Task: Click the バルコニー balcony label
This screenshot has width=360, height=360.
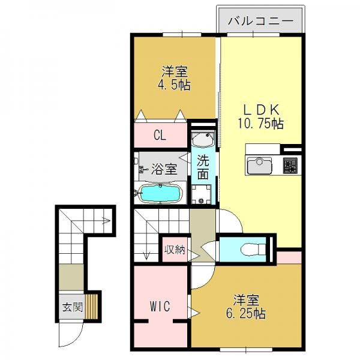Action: click(261, 21)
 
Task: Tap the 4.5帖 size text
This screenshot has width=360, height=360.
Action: click(174, 85)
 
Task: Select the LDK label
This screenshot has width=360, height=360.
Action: click(261, 110)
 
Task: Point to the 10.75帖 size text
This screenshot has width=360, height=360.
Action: click(260, 124)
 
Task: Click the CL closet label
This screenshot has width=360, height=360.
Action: click(160, 136)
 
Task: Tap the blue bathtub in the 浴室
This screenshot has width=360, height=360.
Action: click(160, 193)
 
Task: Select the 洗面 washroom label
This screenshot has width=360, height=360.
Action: click(203, 167)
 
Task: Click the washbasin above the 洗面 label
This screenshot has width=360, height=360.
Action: click(203, 139)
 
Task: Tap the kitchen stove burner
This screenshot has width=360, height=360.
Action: click(290, 165)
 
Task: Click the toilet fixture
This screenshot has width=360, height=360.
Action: click(253, 249)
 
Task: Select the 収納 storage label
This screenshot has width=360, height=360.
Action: click(175, 250)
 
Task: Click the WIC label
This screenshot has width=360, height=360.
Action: click(160, 306)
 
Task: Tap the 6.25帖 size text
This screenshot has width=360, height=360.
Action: click(246, 313)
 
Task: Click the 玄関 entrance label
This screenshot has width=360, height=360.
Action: click(73, 307)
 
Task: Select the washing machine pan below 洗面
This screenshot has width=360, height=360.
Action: click(202, 194)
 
